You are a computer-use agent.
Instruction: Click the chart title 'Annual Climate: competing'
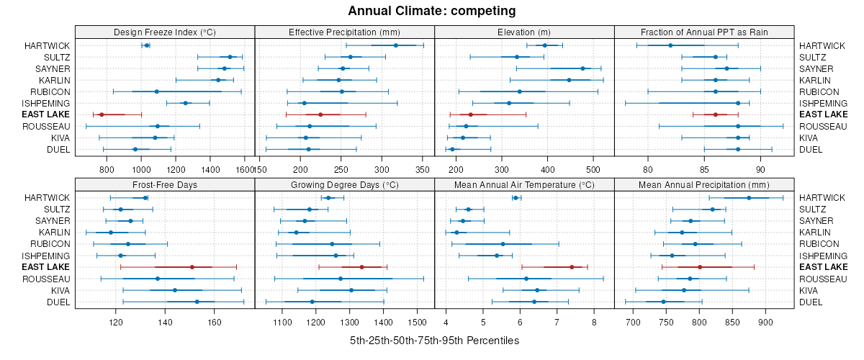tap(432, 11)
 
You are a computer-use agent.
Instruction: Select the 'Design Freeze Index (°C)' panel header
tap(165, 32)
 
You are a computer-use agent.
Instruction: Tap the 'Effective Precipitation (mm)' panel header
tap(344, 32)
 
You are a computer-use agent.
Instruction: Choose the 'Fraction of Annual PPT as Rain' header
tap(704, 32)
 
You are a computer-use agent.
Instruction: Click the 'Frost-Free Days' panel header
tap(165, 184)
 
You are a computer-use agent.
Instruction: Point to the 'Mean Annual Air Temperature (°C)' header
tap(524, 184)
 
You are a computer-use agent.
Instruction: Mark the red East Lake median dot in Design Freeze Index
tap(102, 114)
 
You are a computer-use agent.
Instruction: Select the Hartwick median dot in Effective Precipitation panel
tap(396, 45)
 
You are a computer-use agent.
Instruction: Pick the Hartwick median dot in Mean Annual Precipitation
tap(749, 197)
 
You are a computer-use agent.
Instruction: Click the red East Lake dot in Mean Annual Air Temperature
tap(572, 267)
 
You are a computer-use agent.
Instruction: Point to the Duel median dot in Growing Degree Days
tap(312, 302)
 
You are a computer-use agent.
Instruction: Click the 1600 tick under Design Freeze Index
tap(245, 169)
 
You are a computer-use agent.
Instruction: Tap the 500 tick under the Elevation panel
tap(593, 169)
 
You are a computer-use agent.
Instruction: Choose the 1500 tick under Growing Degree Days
tap(417, 322)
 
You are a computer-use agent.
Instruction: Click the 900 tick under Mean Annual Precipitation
tap(765, 322)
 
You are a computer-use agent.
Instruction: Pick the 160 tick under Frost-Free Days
tap(215, 322)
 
